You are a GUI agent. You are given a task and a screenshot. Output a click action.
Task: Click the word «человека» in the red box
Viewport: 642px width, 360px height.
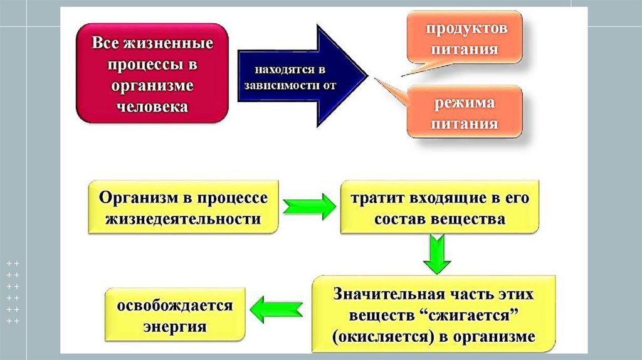pyautogui.click(x=152, y=106)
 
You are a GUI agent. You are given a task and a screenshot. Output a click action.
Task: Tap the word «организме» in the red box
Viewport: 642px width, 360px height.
pyautogui.click(x=152, y=85)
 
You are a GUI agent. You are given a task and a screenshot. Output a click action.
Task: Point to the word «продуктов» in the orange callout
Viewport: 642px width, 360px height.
pyautogui.click(x=466, y=29)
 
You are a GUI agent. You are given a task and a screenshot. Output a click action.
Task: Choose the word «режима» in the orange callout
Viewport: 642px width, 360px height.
pyautogui.click(x=465, y=102)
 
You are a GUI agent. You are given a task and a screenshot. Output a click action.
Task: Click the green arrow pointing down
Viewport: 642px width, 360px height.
pyautogui.click(x=435, y=254)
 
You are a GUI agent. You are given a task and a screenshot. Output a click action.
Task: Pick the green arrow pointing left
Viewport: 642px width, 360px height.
pyautogui.click(x=276, y=308)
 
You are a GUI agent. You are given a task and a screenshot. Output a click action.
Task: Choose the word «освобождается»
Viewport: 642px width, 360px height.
pyautogui.click(x=174, y=305)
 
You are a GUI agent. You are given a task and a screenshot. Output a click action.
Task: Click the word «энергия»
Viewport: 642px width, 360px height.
pyautogui.click(x=174, y=327)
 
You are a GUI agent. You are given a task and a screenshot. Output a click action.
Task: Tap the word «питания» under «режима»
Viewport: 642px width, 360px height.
pyautogui.click(x=465, y=124)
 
